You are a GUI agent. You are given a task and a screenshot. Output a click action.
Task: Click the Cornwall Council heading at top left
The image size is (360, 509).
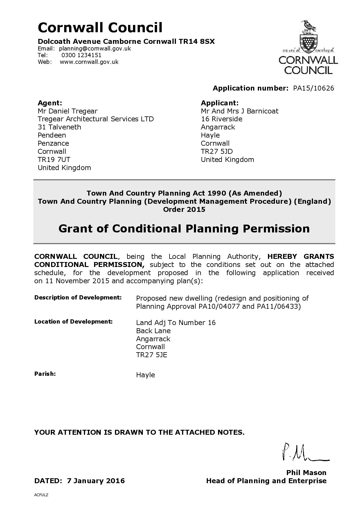coord(100,28)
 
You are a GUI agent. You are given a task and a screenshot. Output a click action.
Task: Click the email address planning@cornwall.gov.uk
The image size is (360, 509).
coord(95,48)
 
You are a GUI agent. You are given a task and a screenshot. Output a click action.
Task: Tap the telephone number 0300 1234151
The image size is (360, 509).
coord(82,55)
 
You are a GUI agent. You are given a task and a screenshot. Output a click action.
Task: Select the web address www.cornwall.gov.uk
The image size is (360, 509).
coord(89,62)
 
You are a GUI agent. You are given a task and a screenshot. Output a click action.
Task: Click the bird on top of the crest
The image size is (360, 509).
coord(309,26)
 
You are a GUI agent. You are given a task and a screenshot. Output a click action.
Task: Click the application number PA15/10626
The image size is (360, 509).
coord(314,88)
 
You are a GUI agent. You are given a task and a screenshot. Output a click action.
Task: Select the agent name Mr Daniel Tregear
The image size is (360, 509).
coord(67,111)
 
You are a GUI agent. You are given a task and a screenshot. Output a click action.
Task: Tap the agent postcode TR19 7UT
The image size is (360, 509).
coord(54,160)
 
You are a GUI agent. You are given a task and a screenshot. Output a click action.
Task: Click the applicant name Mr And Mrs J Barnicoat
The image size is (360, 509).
coord(240,111)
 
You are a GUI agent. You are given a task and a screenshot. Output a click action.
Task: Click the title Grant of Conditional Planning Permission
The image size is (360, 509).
coord(184,229)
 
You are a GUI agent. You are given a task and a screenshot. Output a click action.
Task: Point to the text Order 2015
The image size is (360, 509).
coord(184,210)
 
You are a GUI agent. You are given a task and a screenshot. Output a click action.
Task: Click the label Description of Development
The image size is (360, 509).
coord(78,297)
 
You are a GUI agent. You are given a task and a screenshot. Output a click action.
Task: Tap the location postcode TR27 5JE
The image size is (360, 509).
coord(152,355)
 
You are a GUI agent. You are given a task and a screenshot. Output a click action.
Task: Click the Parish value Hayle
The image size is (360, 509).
coord(145,375)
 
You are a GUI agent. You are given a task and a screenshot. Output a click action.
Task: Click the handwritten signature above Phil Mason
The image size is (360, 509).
coord(305,453)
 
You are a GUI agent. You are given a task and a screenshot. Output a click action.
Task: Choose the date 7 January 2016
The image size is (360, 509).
coord(96,481)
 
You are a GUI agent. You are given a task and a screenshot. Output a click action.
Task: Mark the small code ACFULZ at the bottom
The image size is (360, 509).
coord(41,495)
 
